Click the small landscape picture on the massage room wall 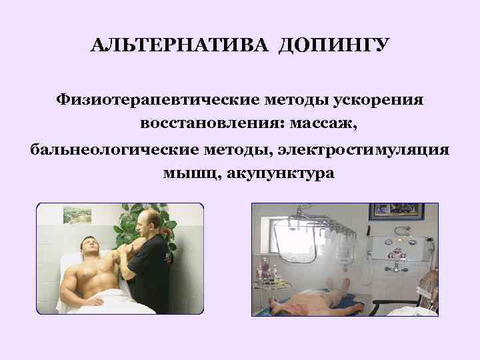(x=77, y=215)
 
